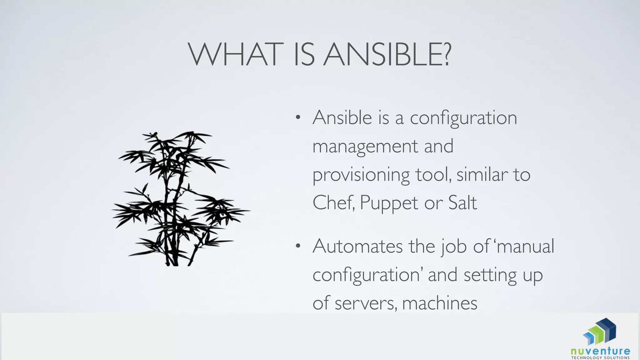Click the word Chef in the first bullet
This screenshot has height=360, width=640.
[333, 203]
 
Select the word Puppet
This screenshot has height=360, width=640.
[389, 203]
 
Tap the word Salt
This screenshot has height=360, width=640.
[462, 203]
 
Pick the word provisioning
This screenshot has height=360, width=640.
[361, 175]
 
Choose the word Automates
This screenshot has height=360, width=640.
[357, 246]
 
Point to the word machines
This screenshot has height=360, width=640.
[440, 303]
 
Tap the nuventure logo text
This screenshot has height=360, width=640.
[600, 351]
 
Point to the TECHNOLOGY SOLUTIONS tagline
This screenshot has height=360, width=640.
[600, 358]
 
